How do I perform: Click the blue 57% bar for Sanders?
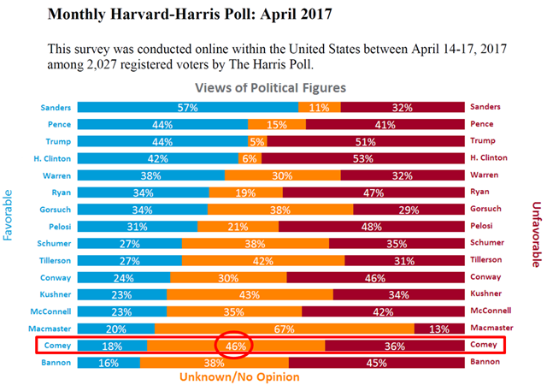pyautogui.click(x=188, y=107)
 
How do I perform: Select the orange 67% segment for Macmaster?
pyautogui.click(x=285, y=328)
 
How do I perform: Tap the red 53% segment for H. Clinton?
pyautogui.click(x=362, y=158)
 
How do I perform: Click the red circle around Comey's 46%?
pyautogui.click(x=237, y=346)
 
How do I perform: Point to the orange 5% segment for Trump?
pyautogui.click(x=257, y=141)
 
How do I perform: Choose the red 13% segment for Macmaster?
pyautogui.click(x=439, y=328)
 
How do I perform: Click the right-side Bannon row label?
pyautogui.click(x=485, y=362)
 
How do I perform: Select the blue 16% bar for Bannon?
pyautogui.click(x=108, y=362)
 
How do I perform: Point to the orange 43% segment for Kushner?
pyautogui.click(x=250, y=293)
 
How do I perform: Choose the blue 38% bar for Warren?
pyautogui.click(x=151, y=175)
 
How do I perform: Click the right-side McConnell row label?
pyautogui.click(x=491, y=311)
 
